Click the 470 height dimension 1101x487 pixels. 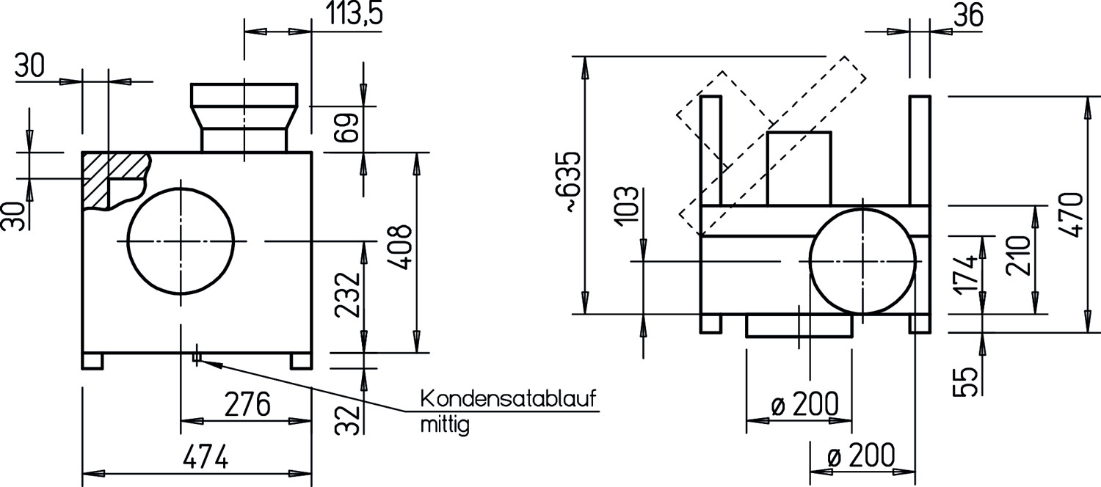1072,215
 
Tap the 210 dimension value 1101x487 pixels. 1017,255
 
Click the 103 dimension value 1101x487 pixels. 627,206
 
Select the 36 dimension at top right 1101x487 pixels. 968,15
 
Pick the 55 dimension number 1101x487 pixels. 965,381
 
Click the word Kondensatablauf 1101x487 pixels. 508,399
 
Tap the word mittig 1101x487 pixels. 445,425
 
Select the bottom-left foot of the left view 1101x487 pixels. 92,361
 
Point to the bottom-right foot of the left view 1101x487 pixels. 301,361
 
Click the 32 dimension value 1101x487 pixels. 347,420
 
